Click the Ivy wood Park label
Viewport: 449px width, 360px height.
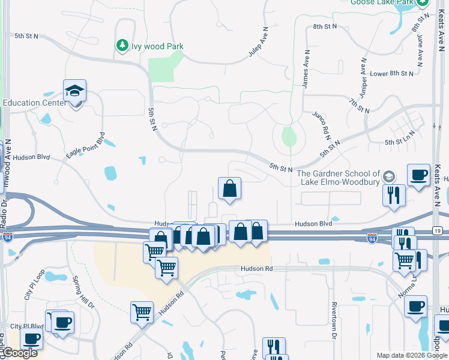(158, 46)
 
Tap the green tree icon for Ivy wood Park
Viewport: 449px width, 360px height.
(122, 46)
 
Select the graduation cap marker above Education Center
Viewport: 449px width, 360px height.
(74, 91)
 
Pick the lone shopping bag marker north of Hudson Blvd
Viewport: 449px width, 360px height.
(229, 189)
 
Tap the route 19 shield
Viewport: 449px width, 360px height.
(436, 230)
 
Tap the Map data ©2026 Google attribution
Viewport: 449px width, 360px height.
(411, 355)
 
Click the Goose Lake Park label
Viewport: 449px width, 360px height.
(383, 2)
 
